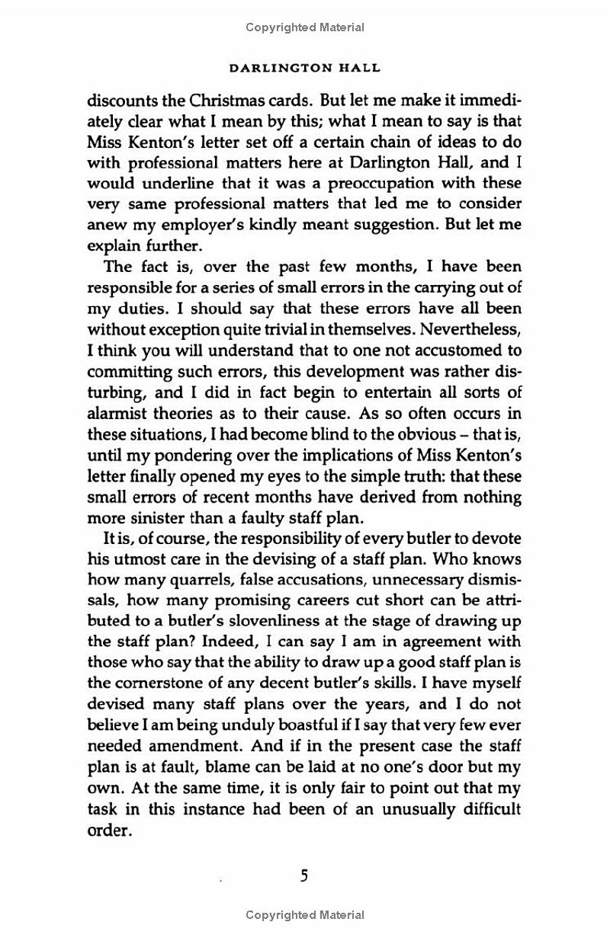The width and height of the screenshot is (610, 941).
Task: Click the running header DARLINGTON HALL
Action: [305, 68]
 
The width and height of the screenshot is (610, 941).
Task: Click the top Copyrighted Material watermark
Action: [305, 27]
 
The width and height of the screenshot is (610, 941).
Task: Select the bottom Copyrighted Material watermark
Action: [305, 915]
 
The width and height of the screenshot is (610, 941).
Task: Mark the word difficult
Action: [483, 810]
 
